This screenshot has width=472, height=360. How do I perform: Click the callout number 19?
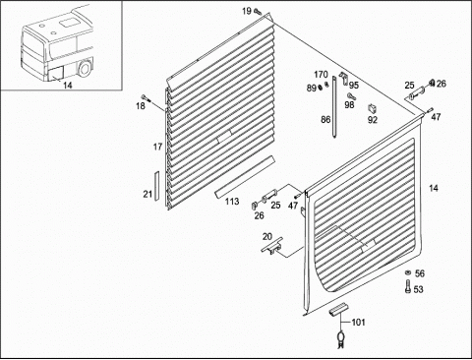pyautogui.click(x=247, y=11)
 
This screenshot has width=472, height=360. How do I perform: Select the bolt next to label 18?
pyautogui.click(x=145, y=97)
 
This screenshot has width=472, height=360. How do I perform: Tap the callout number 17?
pyautogui.click(x=158, y=147)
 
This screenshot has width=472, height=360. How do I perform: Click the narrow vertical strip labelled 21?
pyautogui.click(x=156, y=186)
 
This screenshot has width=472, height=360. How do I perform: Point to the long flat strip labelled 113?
pyautogui.click(x=245, y=177)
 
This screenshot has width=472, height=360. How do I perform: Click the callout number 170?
pyautogui.click(x=321, y=75)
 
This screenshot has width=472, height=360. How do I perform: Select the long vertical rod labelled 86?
pyautogui.click(x=334, y=107)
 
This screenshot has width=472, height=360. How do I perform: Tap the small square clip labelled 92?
pyautogui.click(x=373, y=108)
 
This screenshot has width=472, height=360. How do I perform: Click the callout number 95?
pyautogui.click(x=354, y=86)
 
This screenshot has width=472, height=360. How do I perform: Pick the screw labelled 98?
pyautogui.click(x=351, y=96)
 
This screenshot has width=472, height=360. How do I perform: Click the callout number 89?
pyautogui.click(x=312, y=88)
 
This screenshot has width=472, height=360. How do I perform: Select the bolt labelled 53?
pyautogui.click(x=408, y=286)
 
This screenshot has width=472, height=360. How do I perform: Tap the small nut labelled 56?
pyautogui.click(x=408, y=272)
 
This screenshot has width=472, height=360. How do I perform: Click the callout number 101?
pyautogui.click(x=358, y=323)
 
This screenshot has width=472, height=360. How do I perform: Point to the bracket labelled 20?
pyautogui.click(x=272, y=245)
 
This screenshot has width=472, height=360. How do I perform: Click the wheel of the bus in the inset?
pyautogui.click(x=86, y=70)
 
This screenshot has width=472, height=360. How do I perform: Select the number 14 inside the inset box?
pyautogui.click(x=68, y=86)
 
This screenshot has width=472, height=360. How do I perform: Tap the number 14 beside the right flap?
pyautogui.click(x=434, y=188)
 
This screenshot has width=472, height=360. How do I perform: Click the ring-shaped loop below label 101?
pyautogui.click(x=341, y=337)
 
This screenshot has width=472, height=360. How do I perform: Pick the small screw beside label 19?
pyautogui.click(x=258, y=13)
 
